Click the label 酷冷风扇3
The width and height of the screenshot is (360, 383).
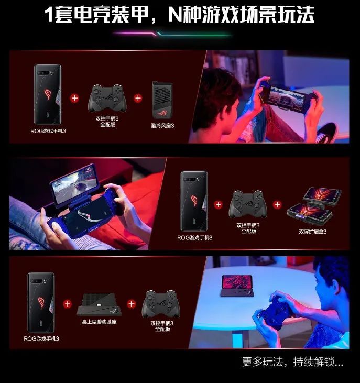[163, 126]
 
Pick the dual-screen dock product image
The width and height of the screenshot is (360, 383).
[314, 205]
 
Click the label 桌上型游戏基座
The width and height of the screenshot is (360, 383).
[100, 321]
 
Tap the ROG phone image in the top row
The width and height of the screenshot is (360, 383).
[48, 94]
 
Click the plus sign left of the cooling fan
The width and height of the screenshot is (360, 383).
[138, 98]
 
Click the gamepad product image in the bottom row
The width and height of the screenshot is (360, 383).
[162, 304]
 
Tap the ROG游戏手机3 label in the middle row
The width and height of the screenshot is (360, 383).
[195, 237]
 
